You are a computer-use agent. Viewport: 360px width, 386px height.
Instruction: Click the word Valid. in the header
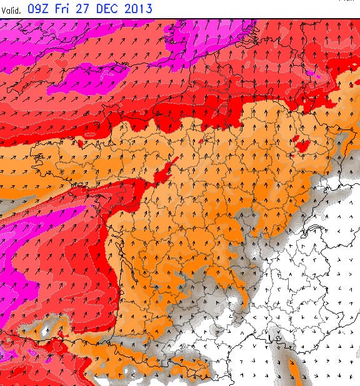13,10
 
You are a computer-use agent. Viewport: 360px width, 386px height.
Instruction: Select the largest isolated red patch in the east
304,146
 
